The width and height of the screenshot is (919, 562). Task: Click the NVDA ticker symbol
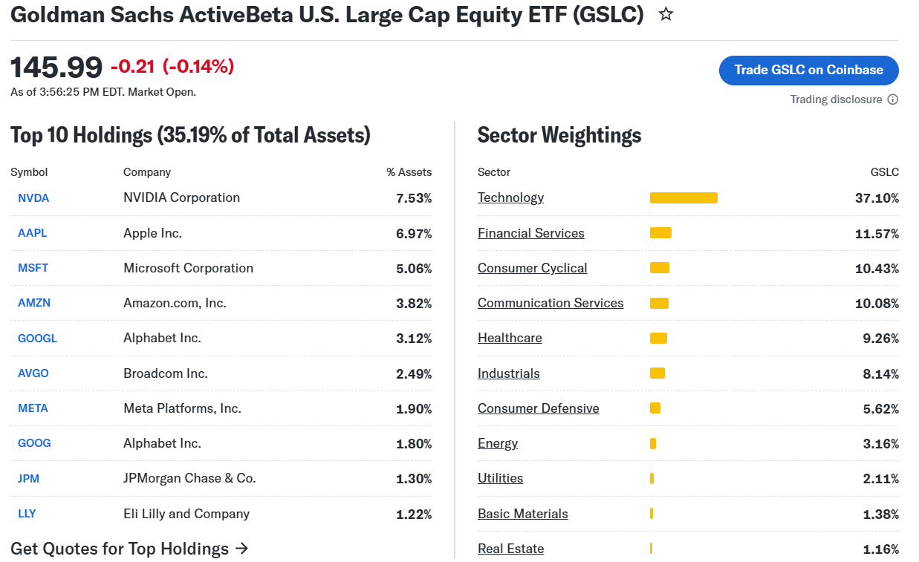click(33, 198)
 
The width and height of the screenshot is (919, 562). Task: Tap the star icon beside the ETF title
click(666, 14)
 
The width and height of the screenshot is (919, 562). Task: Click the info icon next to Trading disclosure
click(893, 99)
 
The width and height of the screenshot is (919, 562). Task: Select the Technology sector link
click(510, 197)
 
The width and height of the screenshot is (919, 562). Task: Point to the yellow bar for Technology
click(683, 197)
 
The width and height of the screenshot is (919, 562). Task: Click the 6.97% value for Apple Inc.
click(414, 234)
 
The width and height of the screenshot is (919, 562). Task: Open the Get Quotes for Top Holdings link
click(129, 549)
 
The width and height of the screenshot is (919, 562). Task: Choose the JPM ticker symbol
click(28, 478)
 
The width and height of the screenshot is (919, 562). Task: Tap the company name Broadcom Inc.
click(166, 373)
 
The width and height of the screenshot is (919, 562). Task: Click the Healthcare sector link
click(510, 338)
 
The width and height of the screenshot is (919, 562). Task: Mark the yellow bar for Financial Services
click(660, 233)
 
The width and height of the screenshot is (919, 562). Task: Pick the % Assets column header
click(409, 172)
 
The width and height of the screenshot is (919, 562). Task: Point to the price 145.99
click(56, 67)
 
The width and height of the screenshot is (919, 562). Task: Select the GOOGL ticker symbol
click(37, 339)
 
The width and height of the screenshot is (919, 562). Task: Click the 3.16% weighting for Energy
click(881, 443)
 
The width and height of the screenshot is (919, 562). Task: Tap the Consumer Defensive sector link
click(539, 408)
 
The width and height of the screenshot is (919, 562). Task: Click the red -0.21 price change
click(132, 66)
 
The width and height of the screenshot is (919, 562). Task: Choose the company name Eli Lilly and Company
click(186, 514)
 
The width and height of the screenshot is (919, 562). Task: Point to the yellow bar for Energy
click(653, 443)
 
